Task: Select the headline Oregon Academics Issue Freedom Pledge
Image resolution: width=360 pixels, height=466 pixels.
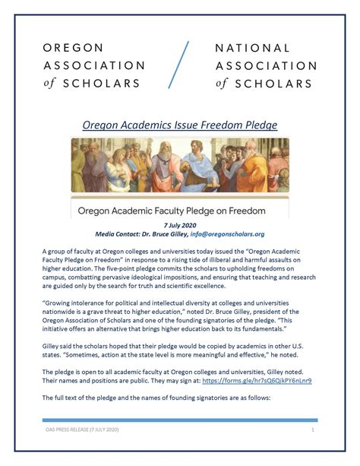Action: click(179, 124)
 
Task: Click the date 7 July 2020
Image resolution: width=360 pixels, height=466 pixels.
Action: click(179, 226)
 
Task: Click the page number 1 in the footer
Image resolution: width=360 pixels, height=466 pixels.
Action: click(313, 430)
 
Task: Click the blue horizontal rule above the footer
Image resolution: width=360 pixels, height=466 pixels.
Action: click(179, 420)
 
